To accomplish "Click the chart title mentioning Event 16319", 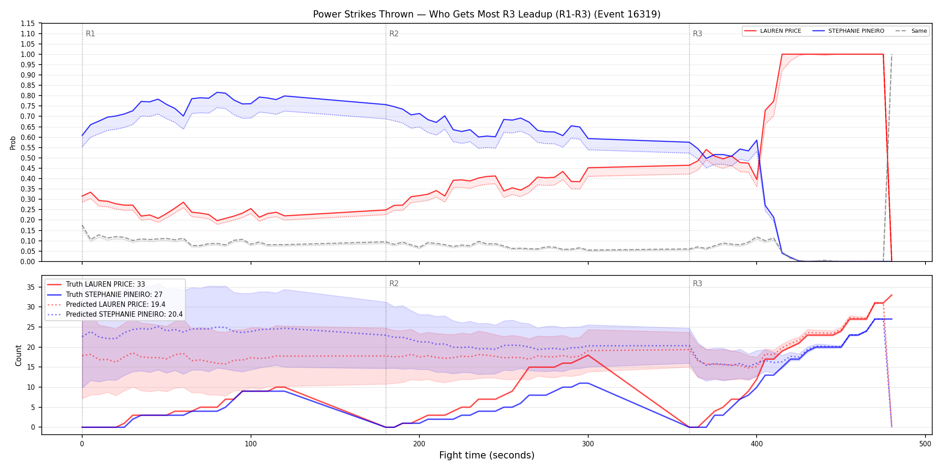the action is coord(487,14).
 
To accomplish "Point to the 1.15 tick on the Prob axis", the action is coord(28,23).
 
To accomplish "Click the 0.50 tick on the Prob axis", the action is coord(28,158).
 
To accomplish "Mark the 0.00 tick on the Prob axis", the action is coord(28,262).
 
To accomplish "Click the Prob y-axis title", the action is coord(13,143).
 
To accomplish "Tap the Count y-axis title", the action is coord(18,355).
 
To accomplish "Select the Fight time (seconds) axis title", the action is coord(487,455).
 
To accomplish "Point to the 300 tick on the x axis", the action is coord(588,444).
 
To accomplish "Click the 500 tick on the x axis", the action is coord(925,444).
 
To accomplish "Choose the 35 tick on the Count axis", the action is coord(31,287).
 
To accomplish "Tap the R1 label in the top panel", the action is coord(90,34).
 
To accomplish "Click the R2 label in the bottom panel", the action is coord(394,283).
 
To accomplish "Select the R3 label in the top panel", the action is coord(697,34).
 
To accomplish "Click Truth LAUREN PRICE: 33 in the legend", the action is coord(106,284).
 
